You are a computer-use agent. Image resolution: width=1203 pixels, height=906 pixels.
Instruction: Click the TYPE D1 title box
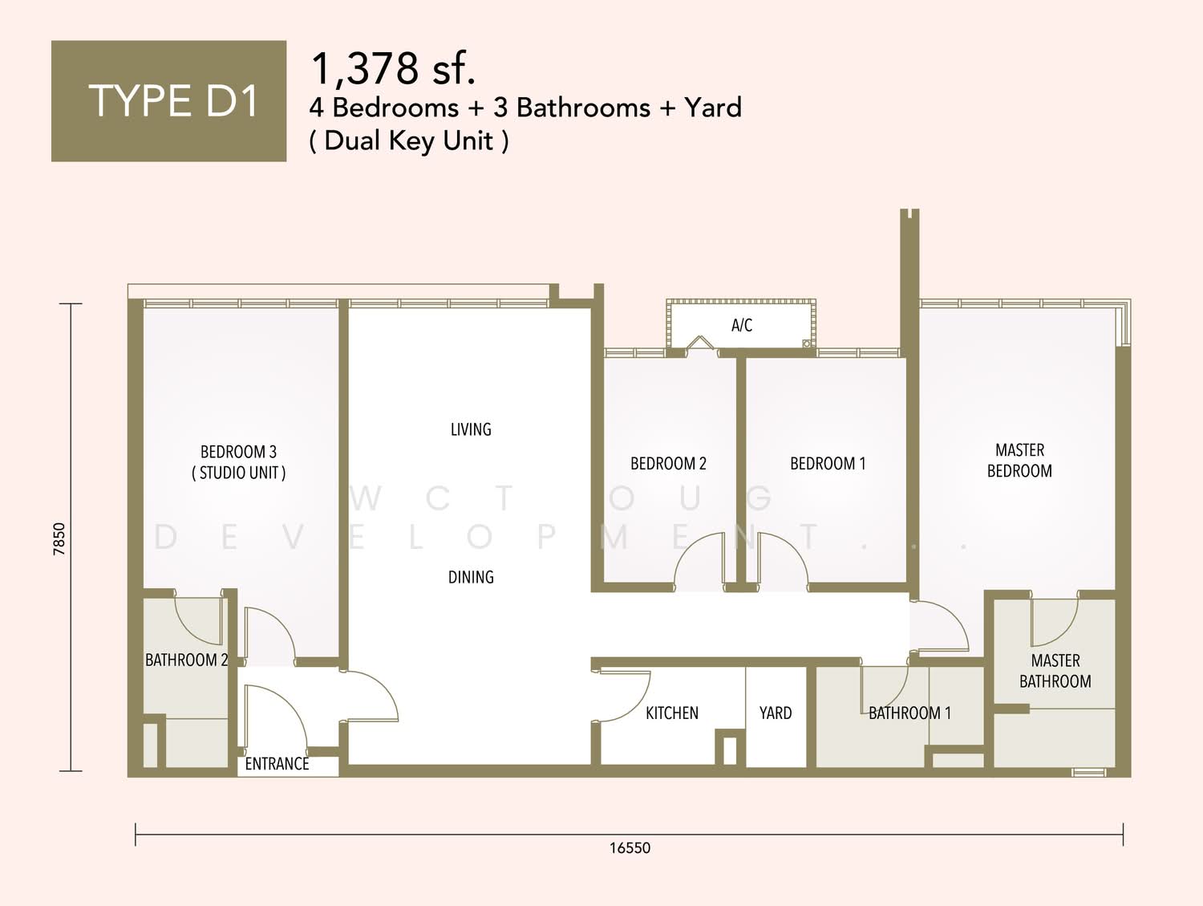[168, 101]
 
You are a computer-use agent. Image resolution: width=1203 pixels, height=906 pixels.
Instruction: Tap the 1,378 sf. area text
[393, 68]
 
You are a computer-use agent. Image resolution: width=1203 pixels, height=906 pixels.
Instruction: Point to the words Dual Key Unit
[409, 140]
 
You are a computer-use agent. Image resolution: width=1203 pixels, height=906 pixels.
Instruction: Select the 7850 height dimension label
[59, 539]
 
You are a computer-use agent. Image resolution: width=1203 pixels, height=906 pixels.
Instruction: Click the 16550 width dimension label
[630, 848]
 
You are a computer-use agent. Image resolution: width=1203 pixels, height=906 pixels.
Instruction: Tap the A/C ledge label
[742, 326]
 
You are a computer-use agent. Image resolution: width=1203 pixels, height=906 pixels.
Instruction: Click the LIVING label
[471, 429]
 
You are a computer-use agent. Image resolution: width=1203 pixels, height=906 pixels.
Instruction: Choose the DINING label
[471, 577]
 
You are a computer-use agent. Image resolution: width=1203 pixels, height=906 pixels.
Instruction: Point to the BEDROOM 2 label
[668, 464]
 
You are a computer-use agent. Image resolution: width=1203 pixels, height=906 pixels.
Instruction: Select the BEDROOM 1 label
[828, 464]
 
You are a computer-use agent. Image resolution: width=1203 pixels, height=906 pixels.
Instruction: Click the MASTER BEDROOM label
[1019, 461]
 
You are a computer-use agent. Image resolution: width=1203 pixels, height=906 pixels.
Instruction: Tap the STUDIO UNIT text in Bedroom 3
[239, 473]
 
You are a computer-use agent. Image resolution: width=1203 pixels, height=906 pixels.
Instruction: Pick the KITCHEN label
[672, 713]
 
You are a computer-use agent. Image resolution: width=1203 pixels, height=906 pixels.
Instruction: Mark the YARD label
[776, 713]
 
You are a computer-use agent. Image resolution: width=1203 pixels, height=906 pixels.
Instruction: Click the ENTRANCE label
[277, 764]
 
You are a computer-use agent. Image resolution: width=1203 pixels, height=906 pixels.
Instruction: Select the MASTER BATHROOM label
[1055, 671]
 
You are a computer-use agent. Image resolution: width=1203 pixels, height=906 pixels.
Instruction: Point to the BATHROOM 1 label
[909, 713]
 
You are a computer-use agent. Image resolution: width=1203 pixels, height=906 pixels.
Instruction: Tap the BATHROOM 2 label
[186, 660]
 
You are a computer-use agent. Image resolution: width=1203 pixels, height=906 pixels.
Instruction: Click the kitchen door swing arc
[639, 705]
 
